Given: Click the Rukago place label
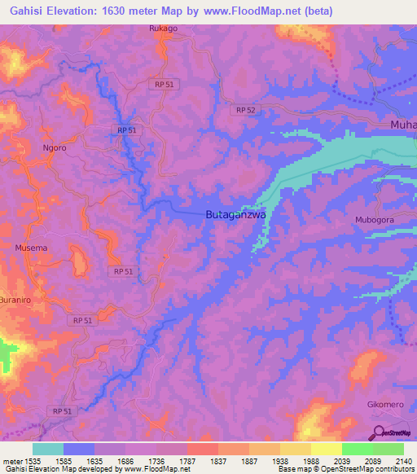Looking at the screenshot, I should click(163, 29).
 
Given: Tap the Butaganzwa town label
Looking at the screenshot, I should click(232, 214).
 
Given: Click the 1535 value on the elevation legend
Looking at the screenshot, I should click(30, 460).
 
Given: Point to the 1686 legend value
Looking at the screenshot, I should click(126, 460).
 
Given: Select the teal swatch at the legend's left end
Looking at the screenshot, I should click(48, 449).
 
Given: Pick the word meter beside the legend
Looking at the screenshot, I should click(11, 460).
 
